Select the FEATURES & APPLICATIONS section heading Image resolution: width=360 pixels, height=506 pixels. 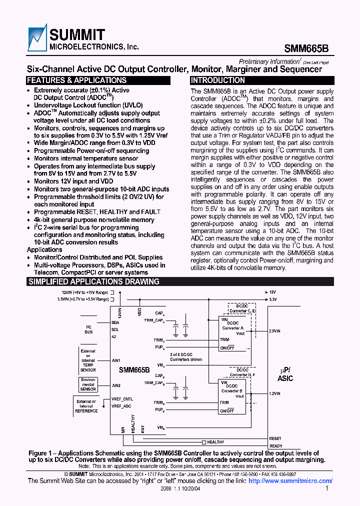(76, 80)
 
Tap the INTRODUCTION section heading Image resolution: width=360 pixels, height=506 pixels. (218, 80)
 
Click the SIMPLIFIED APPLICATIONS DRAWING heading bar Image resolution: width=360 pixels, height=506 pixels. (93, 282)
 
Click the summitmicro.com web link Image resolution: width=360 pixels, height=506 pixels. (290, 481)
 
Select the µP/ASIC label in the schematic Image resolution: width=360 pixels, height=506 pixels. (285, 374)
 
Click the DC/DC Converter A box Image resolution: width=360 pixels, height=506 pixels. (235, 329)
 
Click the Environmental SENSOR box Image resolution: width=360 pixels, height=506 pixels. (88, 384)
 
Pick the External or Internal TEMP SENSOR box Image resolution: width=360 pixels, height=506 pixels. (88, 360)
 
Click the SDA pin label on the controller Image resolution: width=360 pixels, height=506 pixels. (115, 322)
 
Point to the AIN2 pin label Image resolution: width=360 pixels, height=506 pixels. (116, 385)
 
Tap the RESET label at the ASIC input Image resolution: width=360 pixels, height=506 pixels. (275, 438)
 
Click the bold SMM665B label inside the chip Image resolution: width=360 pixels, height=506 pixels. (134, 370)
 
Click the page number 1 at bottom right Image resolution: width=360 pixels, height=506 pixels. (327, 489)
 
